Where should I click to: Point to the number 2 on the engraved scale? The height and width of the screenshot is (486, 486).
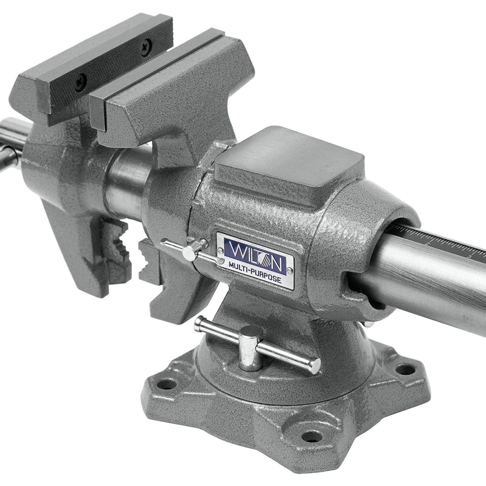pyautogui.click(x=428, y=243)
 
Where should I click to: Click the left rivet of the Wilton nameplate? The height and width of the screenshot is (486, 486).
pyautogui.click(x=221, y=250)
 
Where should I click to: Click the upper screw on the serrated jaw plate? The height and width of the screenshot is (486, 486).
pyautogui.click(x=148, y=42)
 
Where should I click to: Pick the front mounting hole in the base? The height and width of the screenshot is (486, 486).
pyautogui.click(x=311, y=434)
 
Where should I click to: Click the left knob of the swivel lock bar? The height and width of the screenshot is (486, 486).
pyautogui.click(x=198, y=324)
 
